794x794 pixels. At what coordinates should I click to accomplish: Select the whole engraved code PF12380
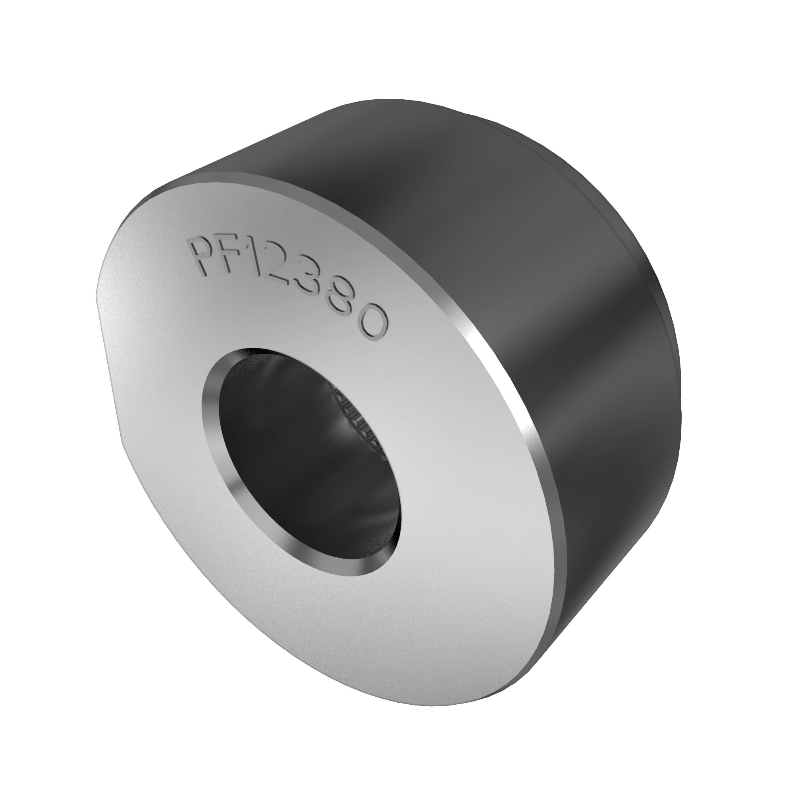[288, 283]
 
